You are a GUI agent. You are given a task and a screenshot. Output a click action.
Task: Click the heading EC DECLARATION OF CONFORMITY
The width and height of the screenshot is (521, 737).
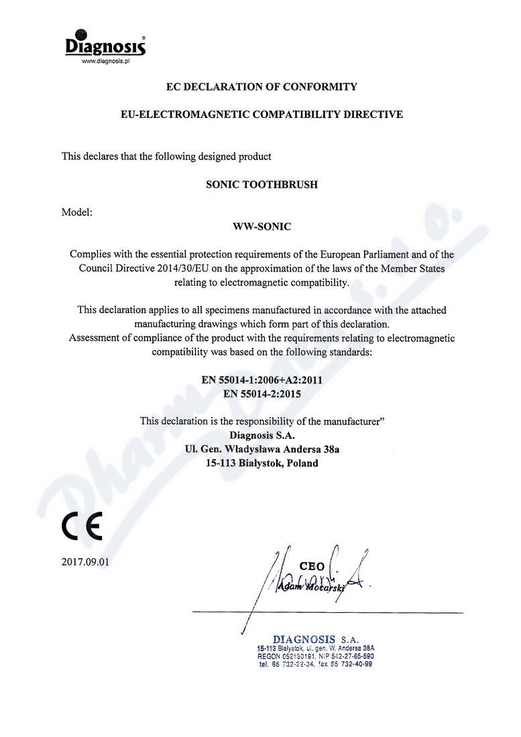[261, 87]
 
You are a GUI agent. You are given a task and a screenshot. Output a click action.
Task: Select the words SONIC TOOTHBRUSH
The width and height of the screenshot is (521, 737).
[261, 184]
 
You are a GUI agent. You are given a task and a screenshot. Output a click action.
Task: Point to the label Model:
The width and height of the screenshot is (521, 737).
[77, 213]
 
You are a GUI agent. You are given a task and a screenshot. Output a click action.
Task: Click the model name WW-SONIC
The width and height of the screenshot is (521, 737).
[261, 227]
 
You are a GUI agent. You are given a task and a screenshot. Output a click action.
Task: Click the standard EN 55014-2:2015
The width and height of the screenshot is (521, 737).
[262, 394]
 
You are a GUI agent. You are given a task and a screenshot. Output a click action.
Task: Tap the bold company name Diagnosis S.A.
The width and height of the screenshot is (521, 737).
[262, 435]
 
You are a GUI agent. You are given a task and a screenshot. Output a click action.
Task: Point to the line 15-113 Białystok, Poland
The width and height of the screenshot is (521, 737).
[262, 463]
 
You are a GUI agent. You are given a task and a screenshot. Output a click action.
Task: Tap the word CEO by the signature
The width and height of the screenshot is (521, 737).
[311, 567]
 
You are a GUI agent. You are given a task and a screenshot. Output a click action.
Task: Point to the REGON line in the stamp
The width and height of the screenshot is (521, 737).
[314, 657]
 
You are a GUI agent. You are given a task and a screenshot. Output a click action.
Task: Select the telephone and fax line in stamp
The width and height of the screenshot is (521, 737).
[314, 664]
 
